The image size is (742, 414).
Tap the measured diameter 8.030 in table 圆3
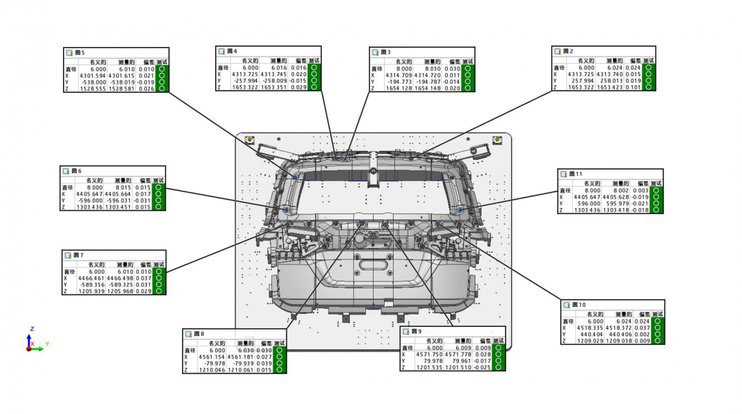(431, 69)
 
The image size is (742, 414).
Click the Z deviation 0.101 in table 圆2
(632, 87)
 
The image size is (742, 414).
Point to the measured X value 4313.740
(609, 75)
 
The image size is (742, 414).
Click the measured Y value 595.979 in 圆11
(617, 203)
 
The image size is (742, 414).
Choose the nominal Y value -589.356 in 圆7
(91, 284)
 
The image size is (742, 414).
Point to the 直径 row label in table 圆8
(190, 350)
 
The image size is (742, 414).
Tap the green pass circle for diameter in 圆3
(468, 69)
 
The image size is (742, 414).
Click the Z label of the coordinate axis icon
(32, 329)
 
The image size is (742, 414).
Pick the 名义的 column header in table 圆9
(434, 341)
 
